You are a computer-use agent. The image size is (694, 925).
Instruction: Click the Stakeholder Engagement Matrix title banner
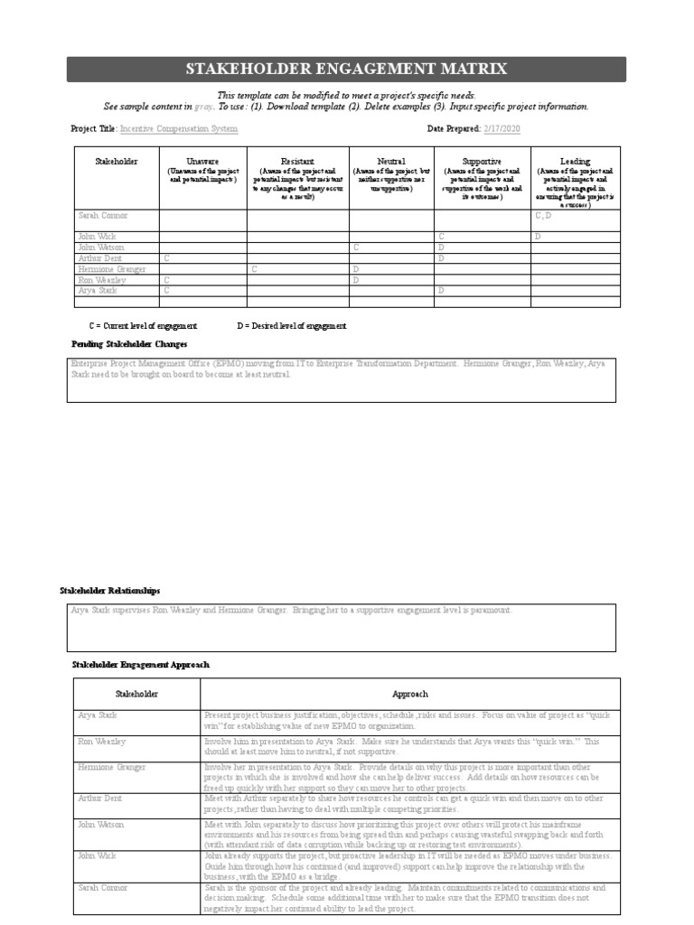coord(346,70)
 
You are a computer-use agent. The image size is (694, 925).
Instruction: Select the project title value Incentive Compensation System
coord(179,129)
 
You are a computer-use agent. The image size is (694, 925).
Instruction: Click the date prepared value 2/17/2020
coord(503,129)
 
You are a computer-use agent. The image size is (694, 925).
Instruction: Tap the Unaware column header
coord(202,161)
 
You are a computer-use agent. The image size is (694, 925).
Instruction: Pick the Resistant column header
coord(297,161)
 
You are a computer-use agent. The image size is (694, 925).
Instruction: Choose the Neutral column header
coord(390,161)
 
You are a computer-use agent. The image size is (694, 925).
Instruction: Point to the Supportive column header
coord(482,161)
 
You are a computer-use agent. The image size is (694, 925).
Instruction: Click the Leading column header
coord(575,161)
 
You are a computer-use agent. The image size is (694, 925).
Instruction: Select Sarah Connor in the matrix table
coord(102,216)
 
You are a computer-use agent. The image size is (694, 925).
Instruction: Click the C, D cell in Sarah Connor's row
coord(543,216)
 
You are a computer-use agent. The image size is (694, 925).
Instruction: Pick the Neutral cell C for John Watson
coord(356,247)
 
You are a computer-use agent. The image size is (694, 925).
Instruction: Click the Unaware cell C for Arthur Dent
coord(166,258)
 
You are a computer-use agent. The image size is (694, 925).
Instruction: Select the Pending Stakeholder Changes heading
coord(129,344)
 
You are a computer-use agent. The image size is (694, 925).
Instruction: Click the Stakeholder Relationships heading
coord(109,590)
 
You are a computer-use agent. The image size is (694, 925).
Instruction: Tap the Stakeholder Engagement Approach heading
coord(140,664)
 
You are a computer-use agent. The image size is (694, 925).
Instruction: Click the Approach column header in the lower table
coord(409,694)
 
